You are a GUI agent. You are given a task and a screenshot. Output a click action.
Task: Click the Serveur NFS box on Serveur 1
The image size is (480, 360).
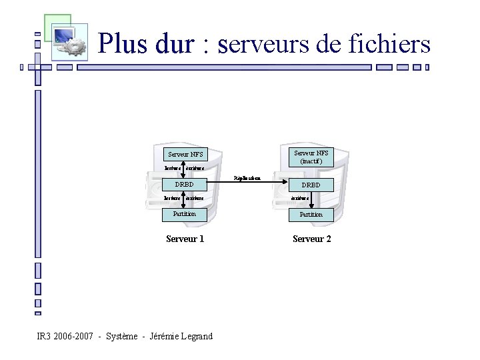pyautogui.click(x=185, y=155)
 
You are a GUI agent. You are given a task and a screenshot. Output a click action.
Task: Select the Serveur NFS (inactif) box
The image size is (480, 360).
pyautogui.click(x=311, y=157)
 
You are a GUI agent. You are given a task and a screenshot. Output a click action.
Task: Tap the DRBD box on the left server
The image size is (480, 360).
pyautogui.click(x=185, y=185)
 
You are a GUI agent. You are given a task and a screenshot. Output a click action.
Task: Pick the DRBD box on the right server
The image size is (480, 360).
pyautogui.click(x=311, y=185)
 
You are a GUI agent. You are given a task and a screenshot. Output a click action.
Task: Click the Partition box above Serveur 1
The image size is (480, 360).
pyautogui.click(x=185, y=214)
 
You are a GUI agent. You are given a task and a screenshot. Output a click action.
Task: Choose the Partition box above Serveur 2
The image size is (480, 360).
pyautogui.click(x=311, y=215)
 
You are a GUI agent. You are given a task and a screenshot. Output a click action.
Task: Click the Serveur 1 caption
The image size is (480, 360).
pyautogui.click(x=185, y=239)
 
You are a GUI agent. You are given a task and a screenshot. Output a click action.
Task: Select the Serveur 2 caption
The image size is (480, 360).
pyautogui.click(x=311, y=239)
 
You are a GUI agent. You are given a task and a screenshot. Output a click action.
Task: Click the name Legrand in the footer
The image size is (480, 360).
pyautogui.click(x=196, y=336)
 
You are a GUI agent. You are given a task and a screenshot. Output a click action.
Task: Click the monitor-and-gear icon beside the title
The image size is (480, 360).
pyautogui.click(x=67, y=39)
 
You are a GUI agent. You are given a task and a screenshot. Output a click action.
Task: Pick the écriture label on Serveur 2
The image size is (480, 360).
pyautogui.click(x=300, y=198)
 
